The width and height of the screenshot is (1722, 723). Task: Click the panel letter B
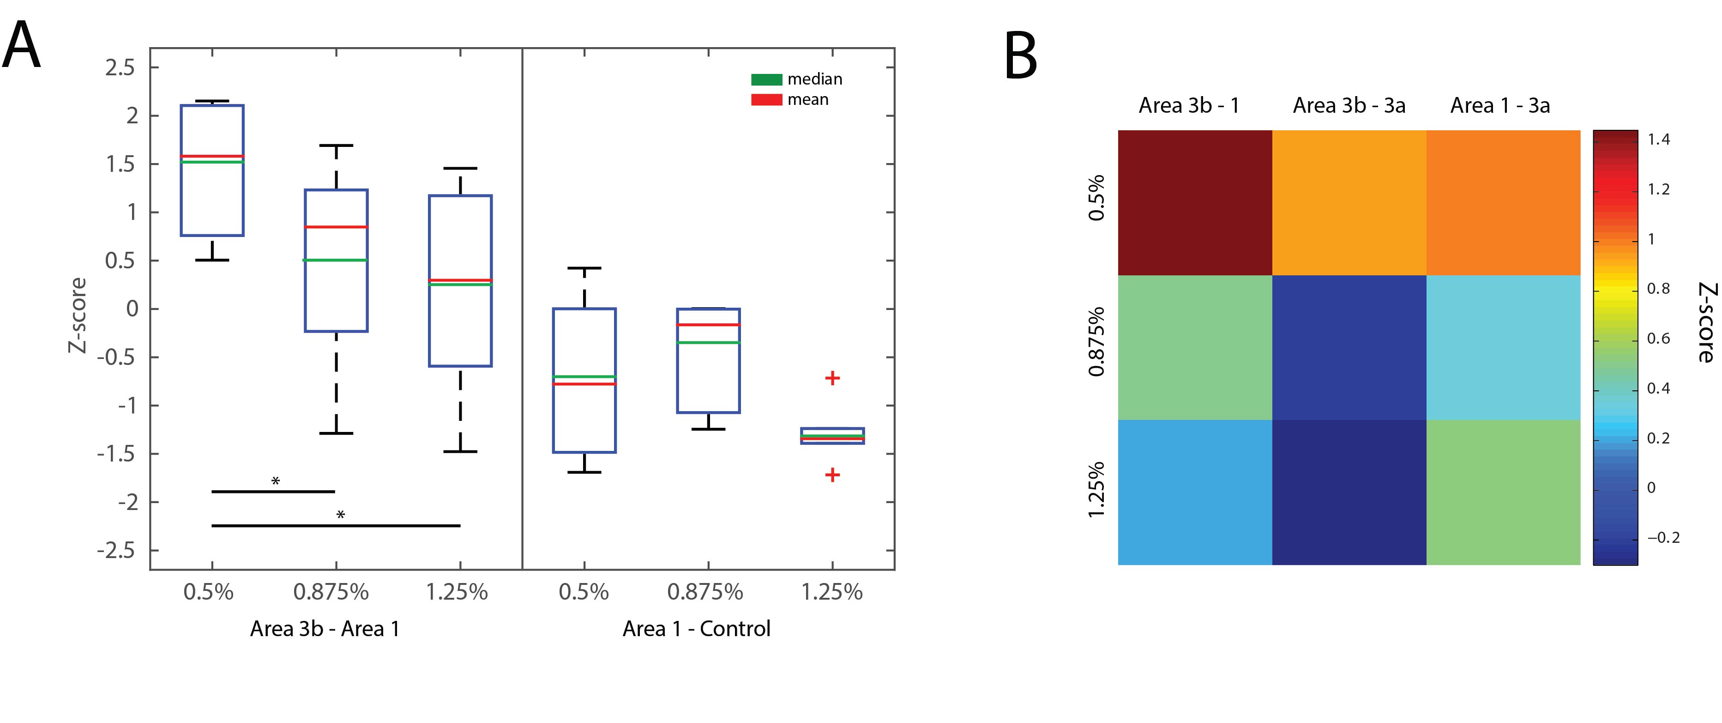click(x=1020, y=57)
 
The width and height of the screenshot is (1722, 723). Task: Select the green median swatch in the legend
click(x=766, y=79)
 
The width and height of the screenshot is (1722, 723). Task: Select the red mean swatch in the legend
click(x=766, y=100)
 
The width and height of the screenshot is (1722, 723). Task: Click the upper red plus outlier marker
click(x=832, y=378)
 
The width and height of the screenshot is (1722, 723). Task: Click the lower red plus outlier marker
click(x=832, y=475)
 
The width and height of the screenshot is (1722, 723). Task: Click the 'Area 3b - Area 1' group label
click(x=325, y=629)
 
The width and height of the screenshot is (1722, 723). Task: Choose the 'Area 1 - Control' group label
click(x=697, y=629)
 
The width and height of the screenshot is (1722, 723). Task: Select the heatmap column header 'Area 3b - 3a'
click(x=1349, y=106)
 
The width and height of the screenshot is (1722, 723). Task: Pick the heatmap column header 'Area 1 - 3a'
click(x=1500, y=106)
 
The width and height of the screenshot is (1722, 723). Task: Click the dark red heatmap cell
click(x=1195, y=203)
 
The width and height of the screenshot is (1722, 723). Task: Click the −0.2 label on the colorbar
click(x=1663, y=538)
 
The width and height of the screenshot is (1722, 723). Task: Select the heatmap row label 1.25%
click(x=1096, y=490)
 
